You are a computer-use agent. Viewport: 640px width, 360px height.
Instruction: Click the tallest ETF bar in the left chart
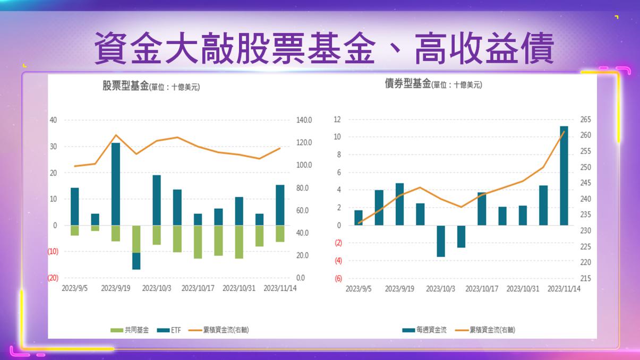click(x=116, y=184)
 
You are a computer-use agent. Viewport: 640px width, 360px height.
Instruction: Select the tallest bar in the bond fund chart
click(x=564, y=175)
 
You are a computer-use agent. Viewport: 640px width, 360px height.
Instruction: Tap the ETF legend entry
click(x=170, y=330)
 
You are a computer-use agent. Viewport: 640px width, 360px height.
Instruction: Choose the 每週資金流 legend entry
click(x=424, y=330)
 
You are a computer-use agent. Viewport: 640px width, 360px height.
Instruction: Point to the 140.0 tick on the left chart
click(x=304, y=121)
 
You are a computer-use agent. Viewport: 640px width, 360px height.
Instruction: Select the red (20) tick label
click(x=53, y=278)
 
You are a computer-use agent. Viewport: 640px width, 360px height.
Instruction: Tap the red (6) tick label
click(x=337, y=278)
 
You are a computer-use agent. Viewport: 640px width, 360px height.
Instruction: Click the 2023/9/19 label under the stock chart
click(x=116, y=288)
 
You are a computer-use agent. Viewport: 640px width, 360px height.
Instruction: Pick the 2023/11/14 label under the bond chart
click(x=564, y=289)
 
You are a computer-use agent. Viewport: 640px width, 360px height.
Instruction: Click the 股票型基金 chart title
click(x=125, y=86)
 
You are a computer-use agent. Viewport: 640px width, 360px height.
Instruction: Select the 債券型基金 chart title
click(x=408, y=84)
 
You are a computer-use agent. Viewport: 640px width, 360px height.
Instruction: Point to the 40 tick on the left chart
click(x=53, y=120)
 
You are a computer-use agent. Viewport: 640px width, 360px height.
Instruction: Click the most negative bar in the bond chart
click(x=441, y=241)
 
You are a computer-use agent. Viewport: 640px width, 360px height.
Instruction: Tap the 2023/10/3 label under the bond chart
click(x=441, y=289)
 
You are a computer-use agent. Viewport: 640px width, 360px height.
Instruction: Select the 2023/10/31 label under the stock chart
click(x=239, y=288)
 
